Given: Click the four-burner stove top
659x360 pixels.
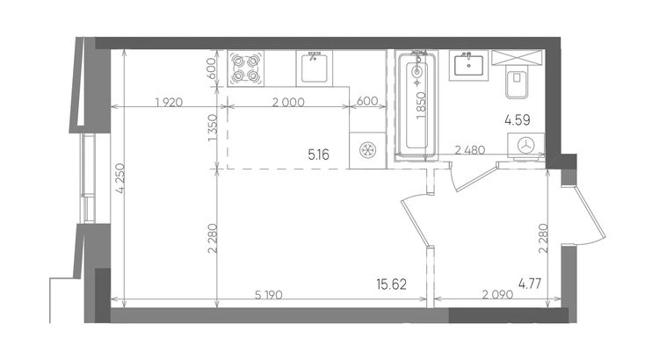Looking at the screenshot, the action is point(246,68).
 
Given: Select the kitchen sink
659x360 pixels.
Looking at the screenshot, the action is point(314,68).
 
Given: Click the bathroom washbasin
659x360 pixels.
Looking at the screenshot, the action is point(468,65).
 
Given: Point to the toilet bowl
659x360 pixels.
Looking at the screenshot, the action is point(517,83).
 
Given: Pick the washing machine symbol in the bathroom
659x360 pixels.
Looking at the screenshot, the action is point(525,146).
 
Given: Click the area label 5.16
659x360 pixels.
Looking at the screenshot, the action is point(319,155).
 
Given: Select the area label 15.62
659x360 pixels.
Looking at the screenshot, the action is point(391,284).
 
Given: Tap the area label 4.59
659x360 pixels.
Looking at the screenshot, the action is point(518,120).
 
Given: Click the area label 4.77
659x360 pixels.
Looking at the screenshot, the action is point(530,284).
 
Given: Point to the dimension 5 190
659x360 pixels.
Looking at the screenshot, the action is point(269,295).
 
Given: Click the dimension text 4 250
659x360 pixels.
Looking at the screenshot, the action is point(120,178).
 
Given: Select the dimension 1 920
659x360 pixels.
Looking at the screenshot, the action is point(169,102).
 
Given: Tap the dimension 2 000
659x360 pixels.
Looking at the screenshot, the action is point(288,102).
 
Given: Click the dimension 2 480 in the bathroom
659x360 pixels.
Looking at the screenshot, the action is point(470,149).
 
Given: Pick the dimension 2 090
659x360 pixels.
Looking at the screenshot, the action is point(497,294).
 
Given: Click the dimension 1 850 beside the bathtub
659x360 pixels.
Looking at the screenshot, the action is point(421,106).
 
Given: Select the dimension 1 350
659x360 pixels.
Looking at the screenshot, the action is point(213,127).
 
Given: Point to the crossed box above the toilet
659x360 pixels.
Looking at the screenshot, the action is point(518,58).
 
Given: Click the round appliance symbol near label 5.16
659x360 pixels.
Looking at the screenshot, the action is point(368,150).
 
